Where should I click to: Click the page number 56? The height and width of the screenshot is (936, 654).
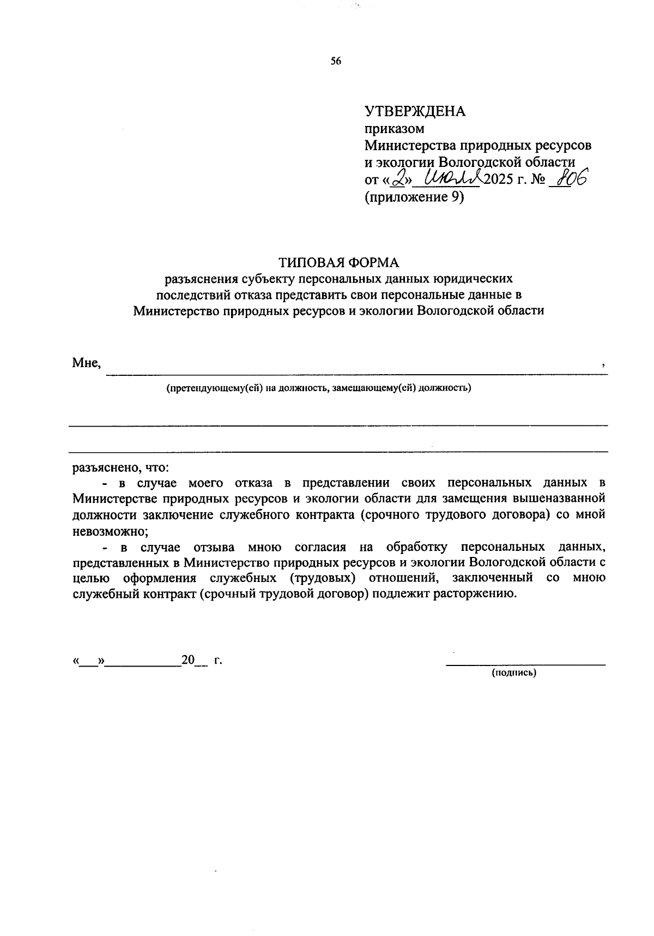(x=336, y=62)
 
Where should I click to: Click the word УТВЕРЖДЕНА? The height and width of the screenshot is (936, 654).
(x=415, y=111)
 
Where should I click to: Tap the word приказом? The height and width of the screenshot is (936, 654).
(x=394, y=129)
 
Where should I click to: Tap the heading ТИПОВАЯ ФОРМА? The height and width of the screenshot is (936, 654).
(x=339, y=262)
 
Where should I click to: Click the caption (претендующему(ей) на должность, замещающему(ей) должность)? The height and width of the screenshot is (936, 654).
(x=319, y=388)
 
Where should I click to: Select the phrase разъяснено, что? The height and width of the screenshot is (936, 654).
(x=121, y=467)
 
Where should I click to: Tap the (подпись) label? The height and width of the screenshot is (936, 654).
(x=514, y=673)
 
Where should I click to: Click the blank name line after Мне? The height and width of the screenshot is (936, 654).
(x=354, y=373)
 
